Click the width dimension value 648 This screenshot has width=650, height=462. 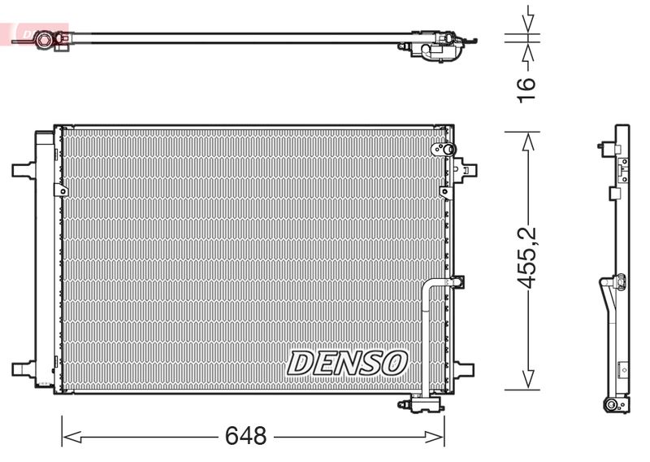point(246,436)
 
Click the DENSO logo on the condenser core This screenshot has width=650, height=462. point(348,363)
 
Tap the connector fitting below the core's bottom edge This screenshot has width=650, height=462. point(419,404)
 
